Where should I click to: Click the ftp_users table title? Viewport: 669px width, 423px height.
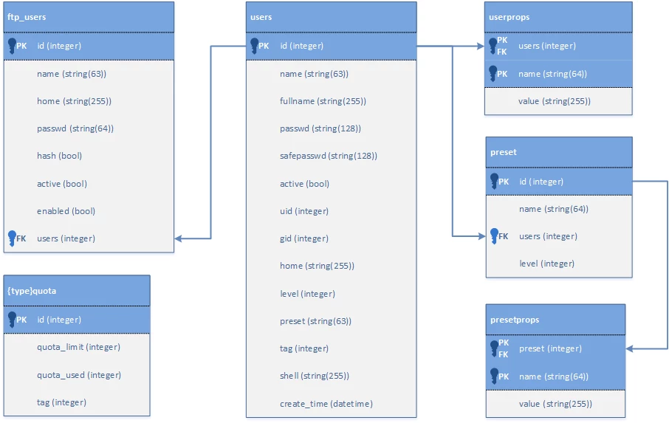(27, 17)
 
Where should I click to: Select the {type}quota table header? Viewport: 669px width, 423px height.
(32, 291)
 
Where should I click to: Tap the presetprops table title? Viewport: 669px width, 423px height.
(515, 320)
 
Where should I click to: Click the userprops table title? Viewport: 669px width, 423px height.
(509, 17)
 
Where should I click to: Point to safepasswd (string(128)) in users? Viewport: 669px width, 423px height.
(329, 156)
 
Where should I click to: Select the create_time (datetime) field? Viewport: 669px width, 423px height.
(326, 404)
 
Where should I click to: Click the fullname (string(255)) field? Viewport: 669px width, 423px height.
(323, 101)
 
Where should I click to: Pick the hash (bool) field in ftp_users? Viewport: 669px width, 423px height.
(59, 156)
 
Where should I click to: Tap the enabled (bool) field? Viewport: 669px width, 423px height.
(66, 211)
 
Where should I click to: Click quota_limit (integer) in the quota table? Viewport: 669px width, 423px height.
(78, 347)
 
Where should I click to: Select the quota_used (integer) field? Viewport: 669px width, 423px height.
(79, 375)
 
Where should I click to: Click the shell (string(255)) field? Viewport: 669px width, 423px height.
(315, 376)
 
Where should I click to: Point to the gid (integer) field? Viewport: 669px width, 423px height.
(304, 238)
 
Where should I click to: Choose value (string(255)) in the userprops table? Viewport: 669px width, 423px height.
(555, 101)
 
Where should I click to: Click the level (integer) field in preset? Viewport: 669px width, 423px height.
(547, 264)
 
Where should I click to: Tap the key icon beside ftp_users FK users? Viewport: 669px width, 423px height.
(12, 238)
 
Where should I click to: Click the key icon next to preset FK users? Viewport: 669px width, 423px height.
(494, 235)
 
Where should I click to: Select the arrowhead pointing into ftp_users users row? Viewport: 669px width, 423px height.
(179, 238)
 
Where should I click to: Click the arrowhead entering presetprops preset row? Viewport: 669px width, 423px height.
(630, 348)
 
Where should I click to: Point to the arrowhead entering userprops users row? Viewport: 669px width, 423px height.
(481, 46)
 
